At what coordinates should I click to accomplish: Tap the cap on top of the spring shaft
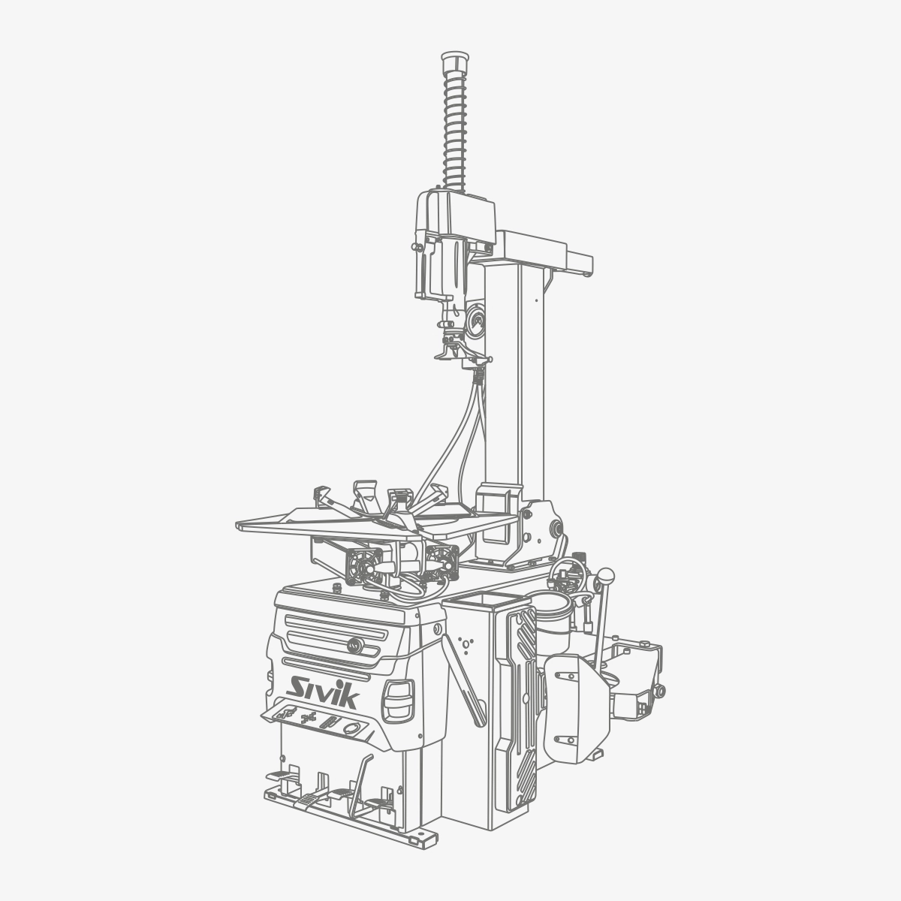455,62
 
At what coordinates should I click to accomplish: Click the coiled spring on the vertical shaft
454,131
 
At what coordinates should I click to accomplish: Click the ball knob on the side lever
607,574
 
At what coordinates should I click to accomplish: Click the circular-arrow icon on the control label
350,728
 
